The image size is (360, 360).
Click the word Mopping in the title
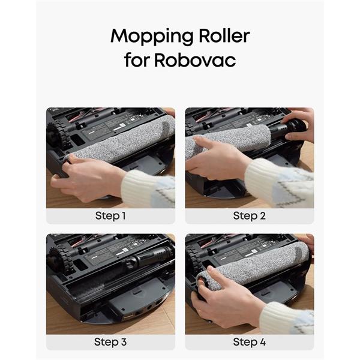152,37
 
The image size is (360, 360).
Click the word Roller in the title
224,35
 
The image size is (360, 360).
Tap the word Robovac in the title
195,60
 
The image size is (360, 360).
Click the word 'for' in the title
136,59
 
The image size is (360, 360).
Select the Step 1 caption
110,216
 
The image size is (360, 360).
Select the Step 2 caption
250,216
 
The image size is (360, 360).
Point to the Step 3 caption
110,342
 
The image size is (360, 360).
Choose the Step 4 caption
250,342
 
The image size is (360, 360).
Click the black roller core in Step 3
149,257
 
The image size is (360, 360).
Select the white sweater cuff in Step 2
264,178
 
